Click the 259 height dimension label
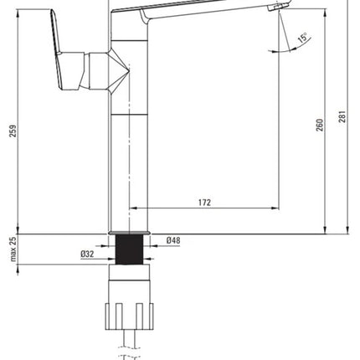click(13, 131)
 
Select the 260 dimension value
click(320, 125)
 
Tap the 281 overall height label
click(342, 116)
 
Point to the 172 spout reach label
click(204, 203)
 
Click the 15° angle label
click(302, 38)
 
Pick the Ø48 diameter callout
click(173, 240)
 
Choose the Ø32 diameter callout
click(87, 255)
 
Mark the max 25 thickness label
click(13, 249)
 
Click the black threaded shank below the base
click(129, 249)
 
